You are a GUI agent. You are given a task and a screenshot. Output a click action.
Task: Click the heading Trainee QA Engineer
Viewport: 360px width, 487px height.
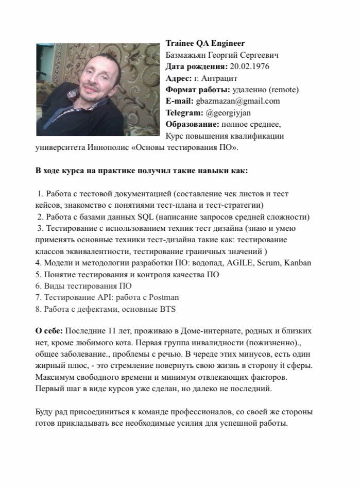tap(205, 43)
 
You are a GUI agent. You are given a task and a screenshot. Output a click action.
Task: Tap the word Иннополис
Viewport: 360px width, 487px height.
tap(108, 148)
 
